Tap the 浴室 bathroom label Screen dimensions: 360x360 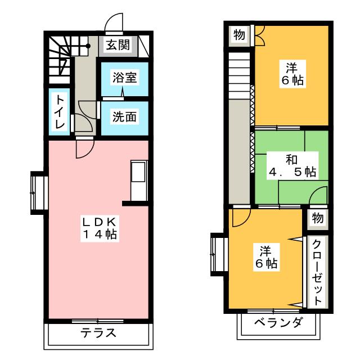tap(124, 78)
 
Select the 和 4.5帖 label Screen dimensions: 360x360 tap(290, 165)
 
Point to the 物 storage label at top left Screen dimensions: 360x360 tap(239, 35)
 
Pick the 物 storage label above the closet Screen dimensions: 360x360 tap(317, 218)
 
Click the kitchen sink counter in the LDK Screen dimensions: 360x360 tap(139, 180)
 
